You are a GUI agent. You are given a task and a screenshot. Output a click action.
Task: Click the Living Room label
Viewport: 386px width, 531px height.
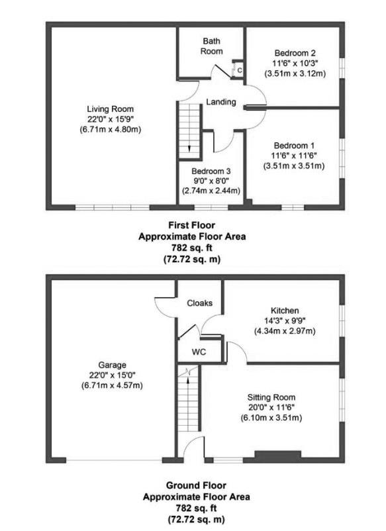[111, 109]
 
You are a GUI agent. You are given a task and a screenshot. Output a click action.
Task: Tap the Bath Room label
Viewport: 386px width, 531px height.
[212, 46]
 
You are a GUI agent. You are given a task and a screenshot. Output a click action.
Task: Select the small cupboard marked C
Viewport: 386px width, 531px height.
[240, 70]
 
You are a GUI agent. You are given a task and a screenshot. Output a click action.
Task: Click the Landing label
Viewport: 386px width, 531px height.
[221, 101]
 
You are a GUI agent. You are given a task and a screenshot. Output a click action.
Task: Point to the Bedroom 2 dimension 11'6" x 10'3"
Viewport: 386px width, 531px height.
[295, 64]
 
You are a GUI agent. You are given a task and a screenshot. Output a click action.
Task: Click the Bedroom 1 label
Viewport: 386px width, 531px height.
[294, 146]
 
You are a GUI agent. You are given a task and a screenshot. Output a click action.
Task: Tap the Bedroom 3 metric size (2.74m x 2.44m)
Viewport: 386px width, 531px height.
[211, 191]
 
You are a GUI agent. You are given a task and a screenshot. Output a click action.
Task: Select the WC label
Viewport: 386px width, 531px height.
[199, 352]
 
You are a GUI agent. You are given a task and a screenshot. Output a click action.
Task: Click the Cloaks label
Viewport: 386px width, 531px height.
[200, 303]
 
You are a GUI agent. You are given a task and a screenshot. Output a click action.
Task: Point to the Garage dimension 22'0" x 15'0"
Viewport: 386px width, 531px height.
[112, 375]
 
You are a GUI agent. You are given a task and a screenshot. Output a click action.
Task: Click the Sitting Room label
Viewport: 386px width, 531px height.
[271, 397]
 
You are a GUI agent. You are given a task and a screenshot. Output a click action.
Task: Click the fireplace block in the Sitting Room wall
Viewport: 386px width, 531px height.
[277, 456]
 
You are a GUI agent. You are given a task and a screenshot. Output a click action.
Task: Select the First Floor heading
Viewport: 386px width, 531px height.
[191, 225]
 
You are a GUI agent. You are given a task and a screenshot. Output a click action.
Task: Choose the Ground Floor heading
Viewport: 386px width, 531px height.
[196, 485]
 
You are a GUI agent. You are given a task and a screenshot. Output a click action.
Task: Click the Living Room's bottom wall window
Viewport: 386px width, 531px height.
[112, 207]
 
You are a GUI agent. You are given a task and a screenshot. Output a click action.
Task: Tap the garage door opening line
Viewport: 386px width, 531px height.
[115, 460]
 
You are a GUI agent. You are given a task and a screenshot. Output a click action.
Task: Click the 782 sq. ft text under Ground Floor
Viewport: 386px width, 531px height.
[196, 508]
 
